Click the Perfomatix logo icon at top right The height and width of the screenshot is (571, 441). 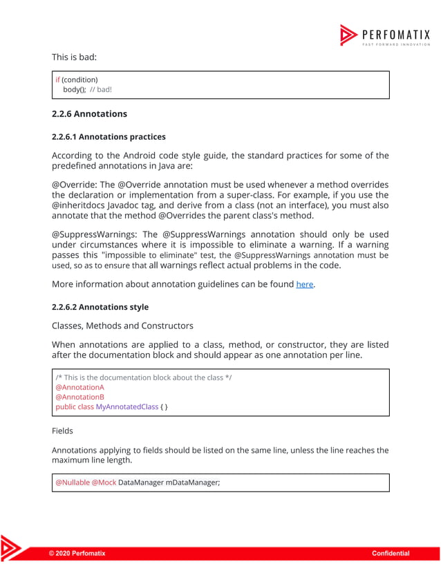coord(348,35)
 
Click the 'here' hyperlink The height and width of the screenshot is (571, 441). coord(304,284)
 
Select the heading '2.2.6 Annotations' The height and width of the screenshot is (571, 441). coord(89,113)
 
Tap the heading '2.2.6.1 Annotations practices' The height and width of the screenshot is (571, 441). coord(109,137)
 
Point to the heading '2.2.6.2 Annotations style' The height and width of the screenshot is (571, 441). coord(100,306)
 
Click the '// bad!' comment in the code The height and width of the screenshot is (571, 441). coord(101,90)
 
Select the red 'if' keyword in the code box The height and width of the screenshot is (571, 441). coord(58,79)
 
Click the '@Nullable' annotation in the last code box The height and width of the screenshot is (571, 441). coord(72,483)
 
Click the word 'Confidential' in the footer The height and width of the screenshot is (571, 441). coord(391,553)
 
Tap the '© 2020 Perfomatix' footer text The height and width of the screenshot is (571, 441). coord(77,553)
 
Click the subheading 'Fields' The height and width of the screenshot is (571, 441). coord(62,431)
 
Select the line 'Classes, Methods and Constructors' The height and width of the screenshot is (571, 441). coord(122,325)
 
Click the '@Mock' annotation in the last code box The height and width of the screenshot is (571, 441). coord(104,483)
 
